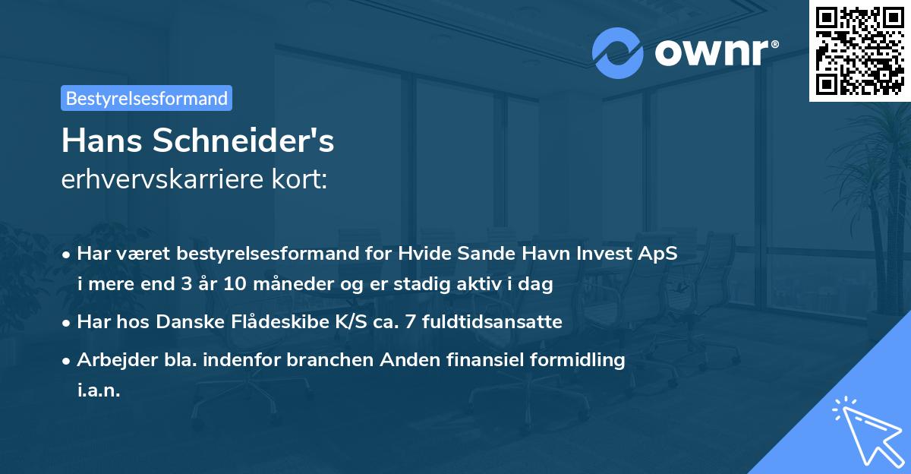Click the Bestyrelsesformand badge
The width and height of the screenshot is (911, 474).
pos(146,98)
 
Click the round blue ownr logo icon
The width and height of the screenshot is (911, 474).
pos(618,53)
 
